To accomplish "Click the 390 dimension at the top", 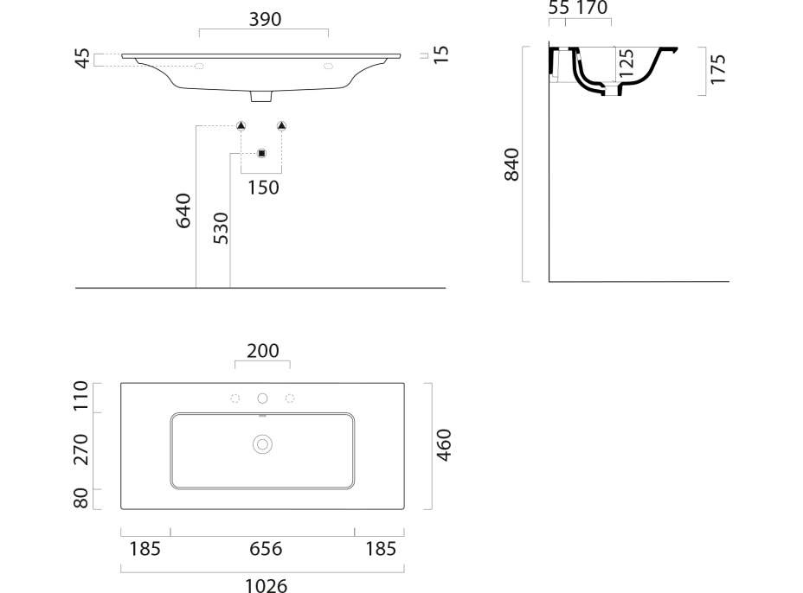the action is click(265, 19).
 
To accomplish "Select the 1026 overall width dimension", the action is click(266, 585).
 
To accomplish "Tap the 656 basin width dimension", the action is click(266, 549).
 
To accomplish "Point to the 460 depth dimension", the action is click(444, 445).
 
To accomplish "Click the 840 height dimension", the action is click(511, 164).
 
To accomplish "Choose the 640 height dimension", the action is click(183, 210).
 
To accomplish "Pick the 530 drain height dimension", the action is click(221, 227).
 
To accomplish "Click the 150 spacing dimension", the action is click(263, 188).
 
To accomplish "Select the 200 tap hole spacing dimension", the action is click(263, 351).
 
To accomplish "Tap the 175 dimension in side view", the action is click(718, 69).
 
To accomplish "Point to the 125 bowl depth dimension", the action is click(626, 63).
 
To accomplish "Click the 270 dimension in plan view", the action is click(81, 450).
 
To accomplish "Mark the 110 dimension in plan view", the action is click(81, 396).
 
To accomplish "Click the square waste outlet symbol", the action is click(261, 154).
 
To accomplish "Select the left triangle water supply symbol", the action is click(241, 126).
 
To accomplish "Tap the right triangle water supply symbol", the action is click(282, 126).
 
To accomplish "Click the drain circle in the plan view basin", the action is click(262, 444).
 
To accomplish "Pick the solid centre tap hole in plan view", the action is click(262, 398).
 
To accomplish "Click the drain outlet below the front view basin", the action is click(260, 96).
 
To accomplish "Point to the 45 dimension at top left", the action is click(82, 58).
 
